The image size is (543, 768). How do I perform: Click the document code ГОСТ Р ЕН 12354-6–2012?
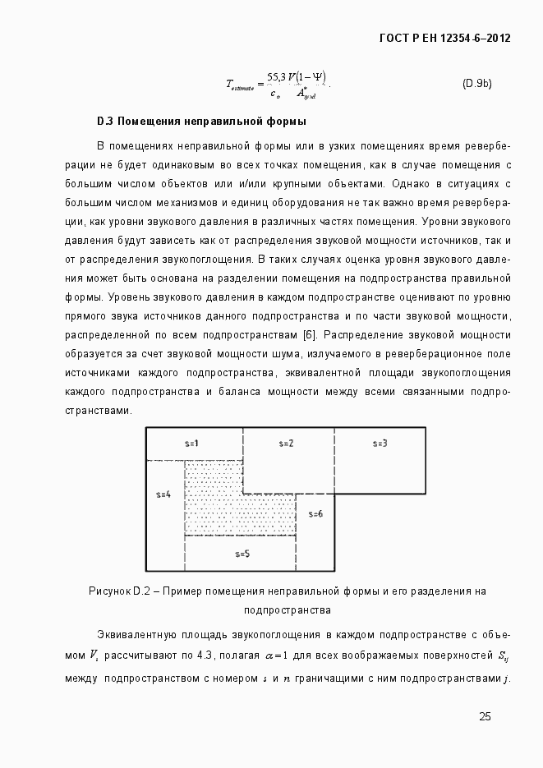point(440,38)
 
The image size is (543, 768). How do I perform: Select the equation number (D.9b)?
point(476,83)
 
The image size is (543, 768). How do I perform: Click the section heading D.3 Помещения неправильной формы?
point(201,122)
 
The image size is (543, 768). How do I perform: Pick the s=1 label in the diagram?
point(192,444)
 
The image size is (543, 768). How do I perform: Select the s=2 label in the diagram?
point(286,444)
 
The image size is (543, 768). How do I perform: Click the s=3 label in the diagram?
point(380,444)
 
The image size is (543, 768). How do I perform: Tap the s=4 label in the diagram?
point(163,494)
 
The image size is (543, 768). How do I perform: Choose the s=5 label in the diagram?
point(242,554)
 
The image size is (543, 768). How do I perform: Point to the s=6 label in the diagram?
point(315,514)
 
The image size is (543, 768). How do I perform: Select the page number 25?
point(485,717)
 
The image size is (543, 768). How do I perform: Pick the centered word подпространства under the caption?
point(288,610)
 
